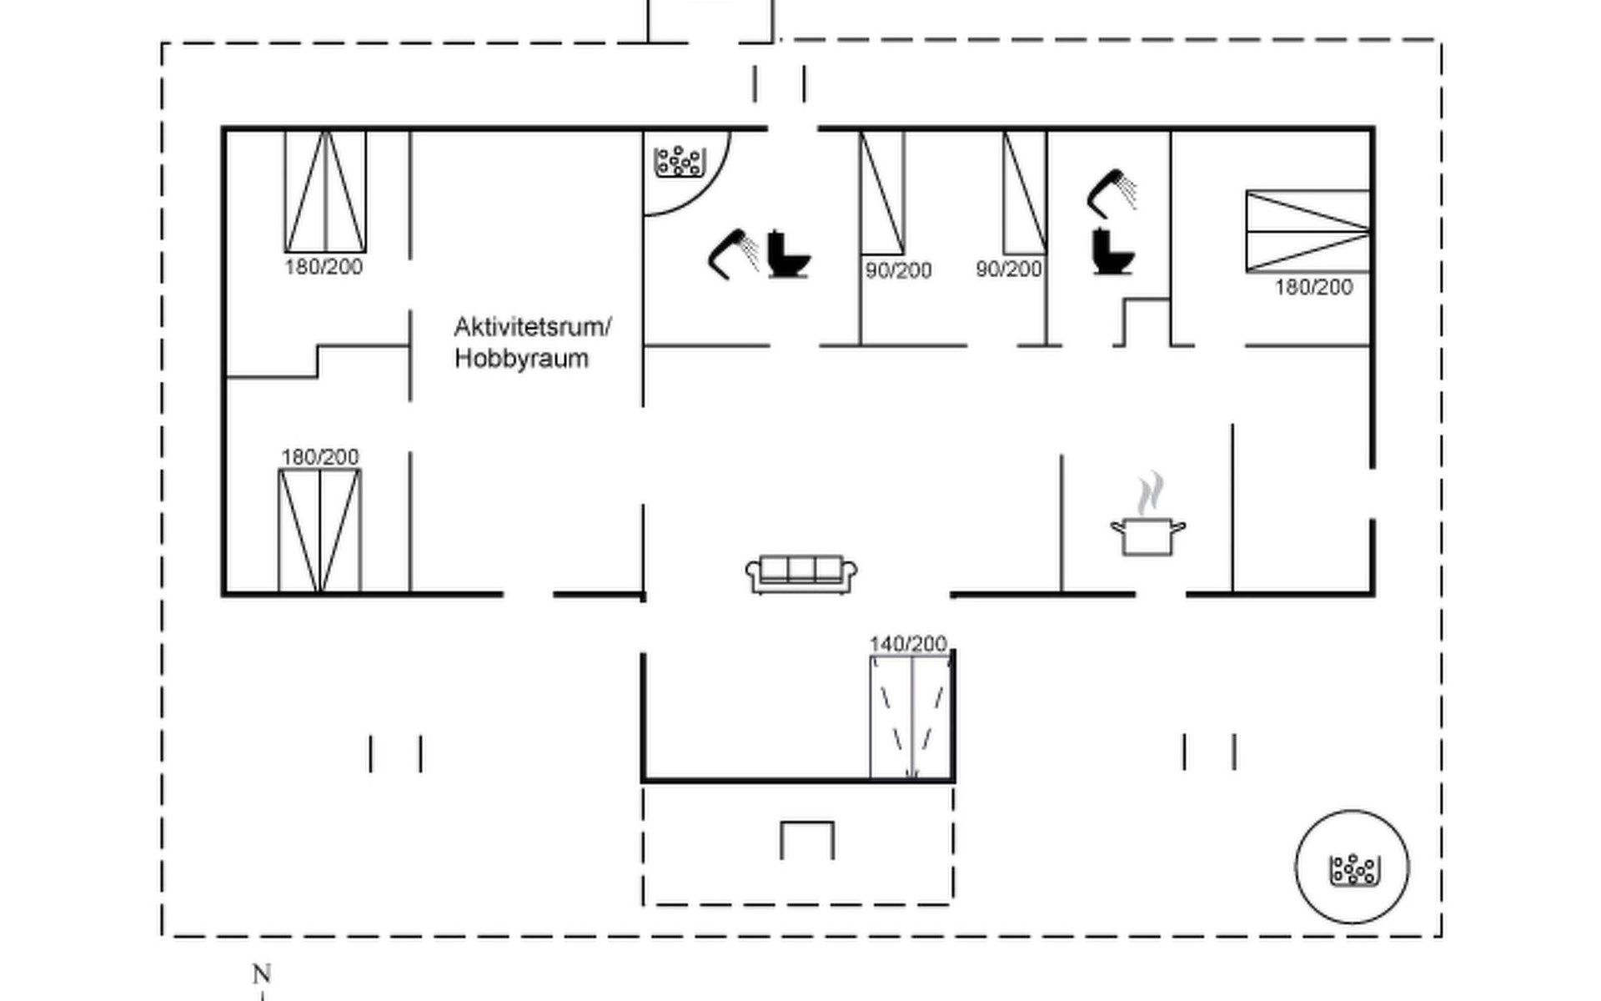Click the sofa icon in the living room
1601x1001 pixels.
pos(800,574)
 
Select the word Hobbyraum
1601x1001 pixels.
pos(521,359)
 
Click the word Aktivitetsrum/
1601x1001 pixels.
pos(532,327)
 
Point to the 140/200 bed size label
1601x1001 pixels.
pos(908,644)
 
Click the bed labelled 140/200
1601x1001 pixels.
pos(911,717)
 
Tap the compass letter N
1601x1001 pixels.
pos(262,973)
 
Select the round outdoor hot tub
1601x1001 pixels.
pos(1352,868)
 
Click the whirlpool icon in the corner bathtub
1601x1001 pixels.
pos(678,161)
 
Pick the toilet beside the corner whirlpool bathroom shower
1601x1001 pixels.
pos(787,254)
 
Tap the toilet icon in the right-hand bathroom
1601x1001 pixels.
pos(1112,251)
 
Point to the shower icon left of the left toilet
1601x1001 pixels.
pos(733,254)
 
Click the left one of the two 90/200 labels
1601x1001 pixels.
pos(898,270)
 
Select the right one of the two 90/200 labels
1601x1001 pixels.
pos(1009,269)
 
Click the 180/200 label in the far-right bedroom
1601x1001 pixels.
pos(1313,288)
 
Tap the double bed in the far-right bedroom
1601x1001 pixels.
pos(1307,231)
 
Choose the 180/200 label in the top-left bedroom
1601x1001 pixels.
pos(324,267)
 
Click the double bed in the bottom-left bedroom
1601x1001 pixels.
pos(319,531)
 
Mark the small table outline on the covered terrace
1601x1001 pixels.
pos(806,839)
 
